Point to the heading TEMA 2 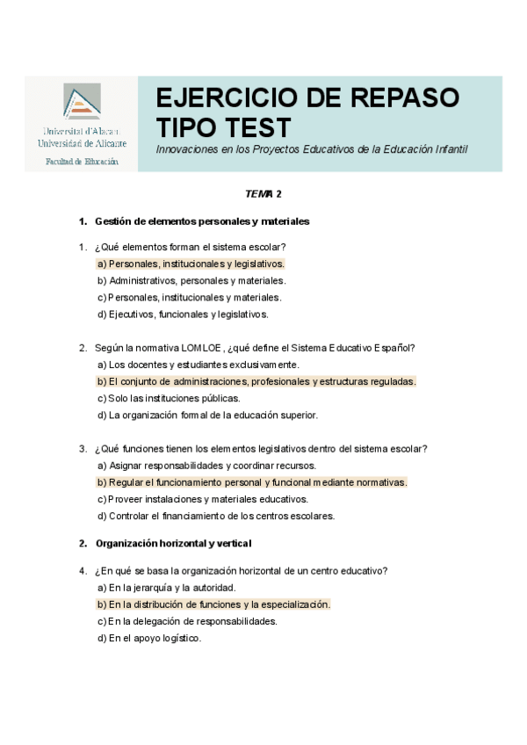(263, 193)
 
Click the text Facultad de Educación (82, 162)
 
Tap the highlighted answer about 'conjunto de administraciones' (256, 381)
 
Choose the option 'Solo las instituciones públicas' (168, 398)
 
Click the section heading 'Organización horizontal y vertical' (173, 543)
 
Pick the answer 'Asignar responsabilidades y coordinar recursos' (206, 466)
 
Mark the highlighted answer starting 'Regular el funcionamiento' (252, 482)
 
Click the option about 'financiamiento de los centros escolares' (216, 516)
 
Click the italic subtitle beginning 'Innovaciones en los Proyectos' (312, 149)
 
